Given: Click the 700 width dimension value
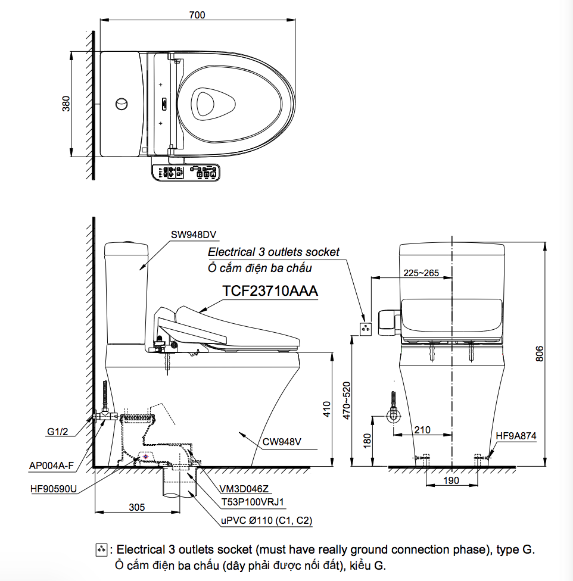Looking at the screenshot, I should coord(197,15).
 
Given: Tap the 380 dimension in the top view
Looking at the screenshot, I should coord(66,104).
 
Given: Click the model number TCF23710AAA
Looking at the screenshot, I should coord(270,292).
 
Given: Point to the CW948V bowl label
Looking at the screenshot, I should coord(282,442).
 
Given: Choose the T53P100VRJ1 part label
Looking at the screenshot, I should coord(253,502).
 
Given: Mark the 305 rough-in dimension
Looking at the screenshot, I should coord(137,507).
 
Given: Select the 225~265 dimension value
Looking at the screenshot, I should coord(421,273).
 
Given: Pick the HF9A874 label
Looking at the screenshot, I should coord(516,436).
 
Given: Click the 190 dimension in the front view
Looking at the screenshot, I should coord(451,480).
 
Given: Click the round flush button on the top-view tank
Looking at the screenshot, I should coord(121,104).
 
